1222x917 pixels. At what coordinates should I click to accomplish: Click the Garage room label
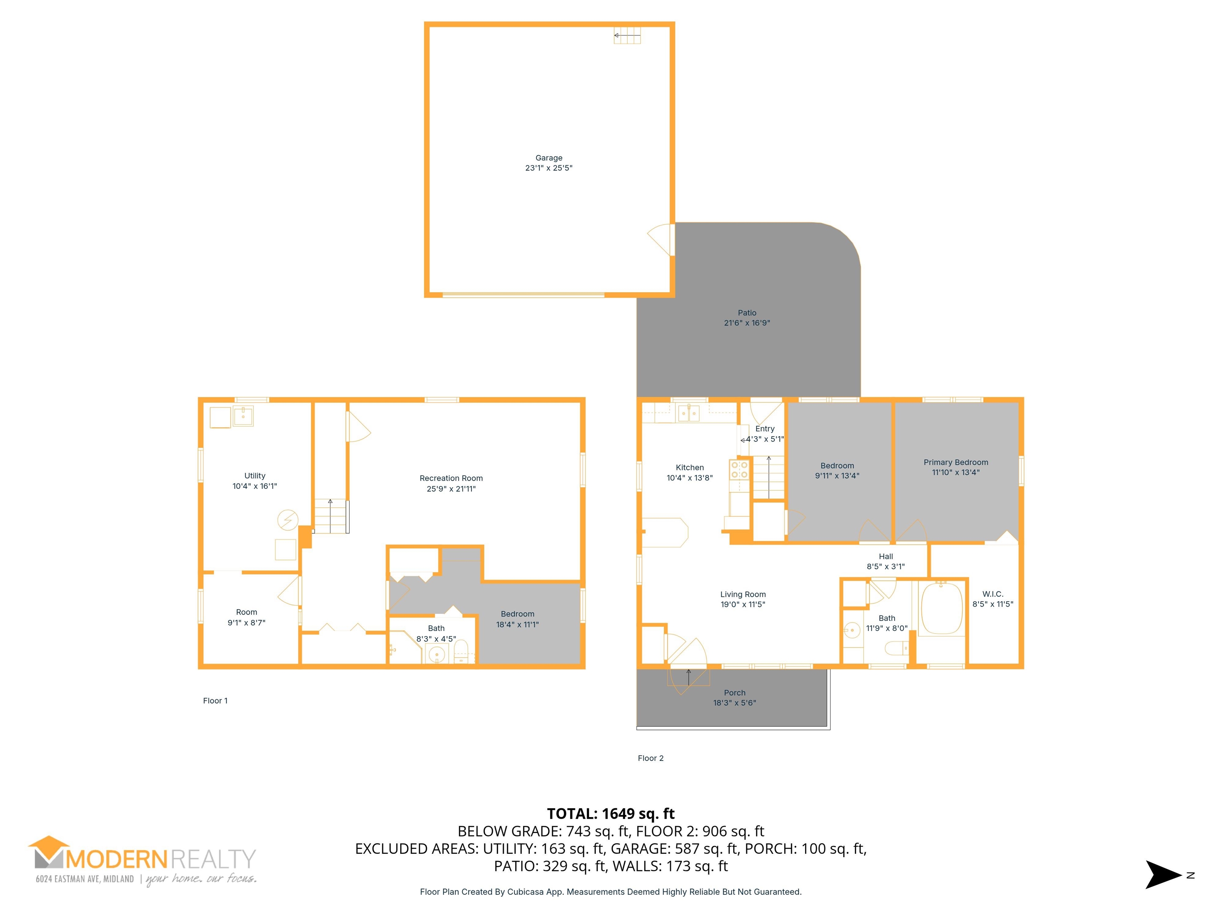pos(549,158)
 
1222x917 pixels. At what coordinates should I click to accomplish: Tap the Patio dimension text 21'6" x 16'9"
pos(747,323)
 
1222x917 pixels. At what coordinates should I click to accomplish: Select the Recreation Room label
pos(451,478)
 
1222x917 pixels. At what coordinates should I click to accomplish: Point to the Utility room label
pos(255,476)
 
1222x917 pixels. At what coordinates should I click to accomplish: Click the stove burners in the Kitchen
pos(739,469)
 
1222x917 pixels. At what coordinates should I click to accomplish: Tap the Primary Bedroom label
pos(956,462)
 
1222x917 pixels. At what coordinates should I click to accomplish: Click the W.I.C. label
pos(993,594)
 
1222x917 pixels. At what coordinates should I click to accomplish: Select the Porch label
pos(735,693)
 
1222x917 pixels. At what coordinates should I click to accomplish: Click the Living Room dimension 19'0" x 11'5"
pos(743,604)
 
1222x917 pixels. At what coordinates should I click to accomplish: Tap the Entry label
pos(765,429)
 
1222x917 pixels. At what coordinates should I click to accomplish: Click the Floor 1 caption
pos(215,701)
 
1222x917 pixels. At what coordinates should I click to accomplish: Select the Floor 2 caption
pos(651,758)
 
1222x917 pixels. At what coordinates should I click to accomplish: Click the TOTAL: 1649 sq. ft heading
pos(611,814)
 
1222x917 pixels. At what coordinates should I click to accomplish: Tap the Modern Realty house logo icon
pos(49,852)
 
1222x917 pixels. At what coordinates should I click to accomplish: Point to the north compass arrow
pos(1163,874)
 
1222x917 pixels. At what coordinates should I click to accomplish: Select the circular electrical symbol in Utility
pos(287,520)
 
